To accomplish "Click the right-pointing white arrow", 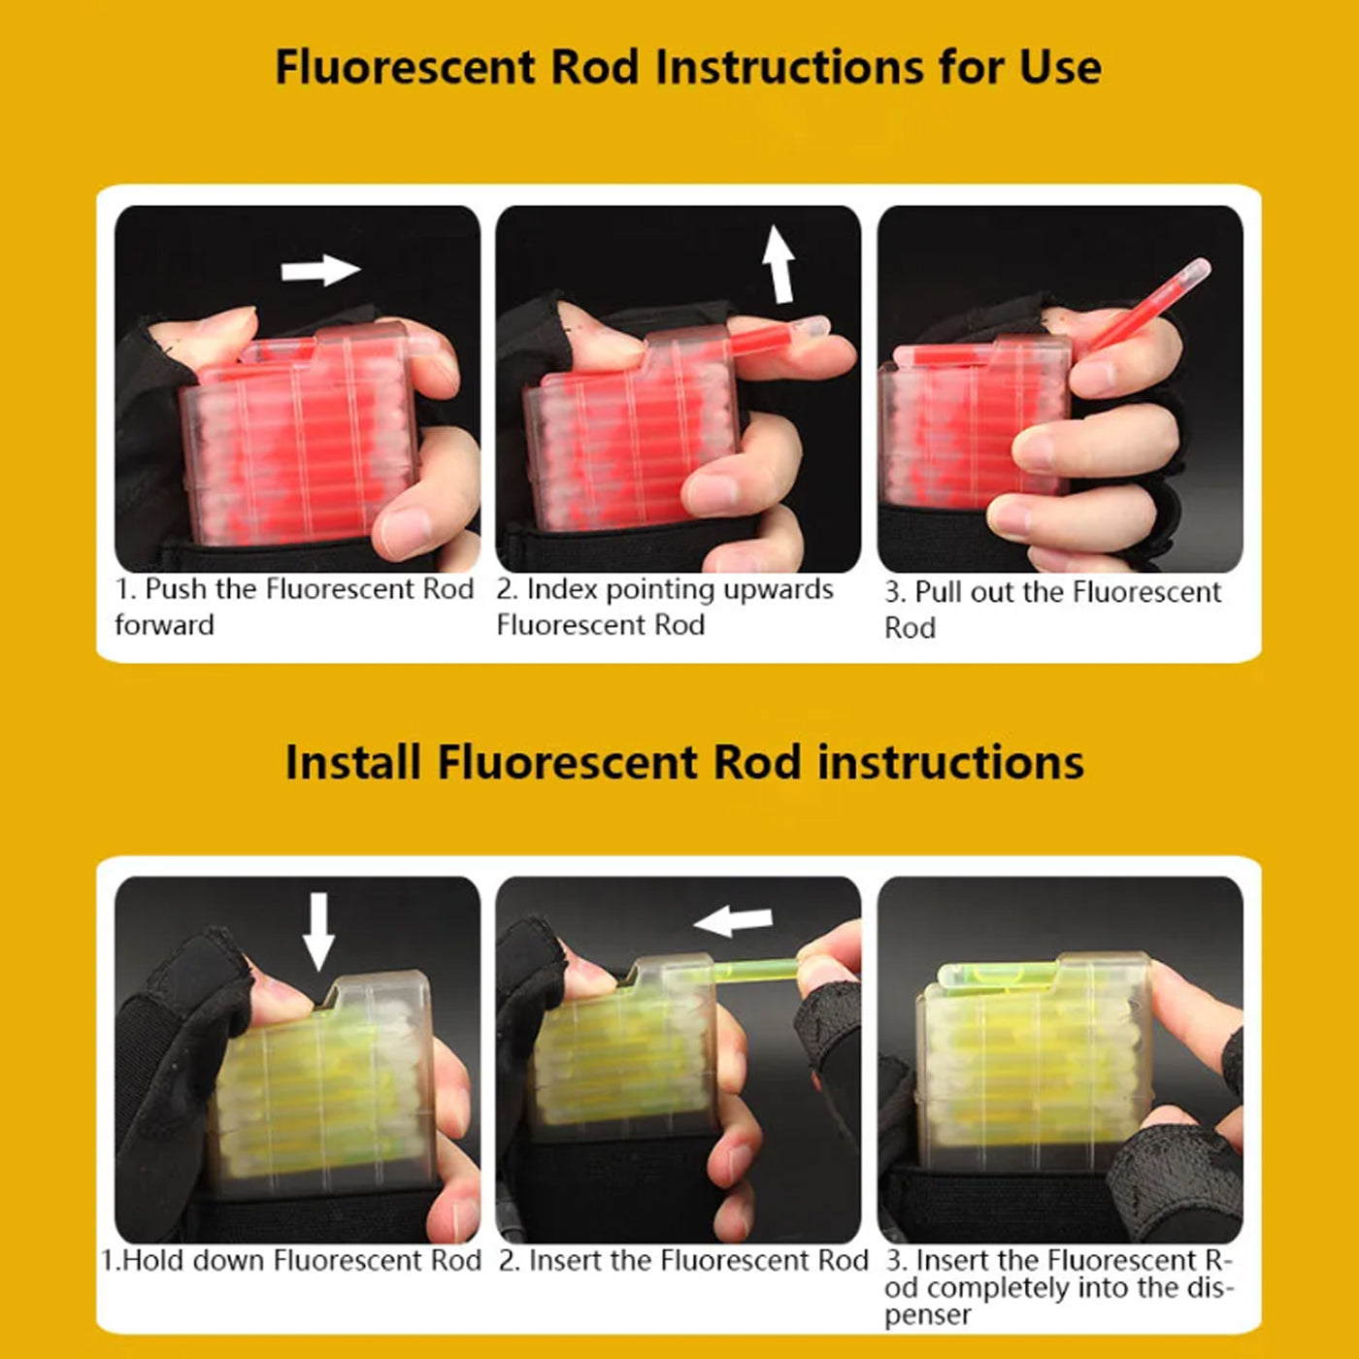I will (x=320, y=270).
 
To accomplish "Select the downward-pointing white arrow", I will (x=318, y=930).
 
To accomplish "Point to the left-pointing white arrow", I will (x=735, y=920).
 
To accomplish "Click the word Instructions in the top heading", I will (x=788, y=68).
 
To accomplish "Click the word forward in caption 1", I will (x=164, y=625).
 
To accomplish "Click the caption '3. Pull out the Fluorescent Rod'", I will (x=1052, y=609).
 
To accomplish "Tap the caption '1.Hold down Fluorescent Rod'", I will (x=291, y=1261).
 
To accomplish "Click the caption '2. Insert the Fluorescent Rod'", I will (x=683, y=1261).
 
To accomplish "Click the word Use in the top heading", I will (x=1060, y=68).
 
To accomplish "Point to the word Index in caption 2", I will (x=562, y=590).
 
